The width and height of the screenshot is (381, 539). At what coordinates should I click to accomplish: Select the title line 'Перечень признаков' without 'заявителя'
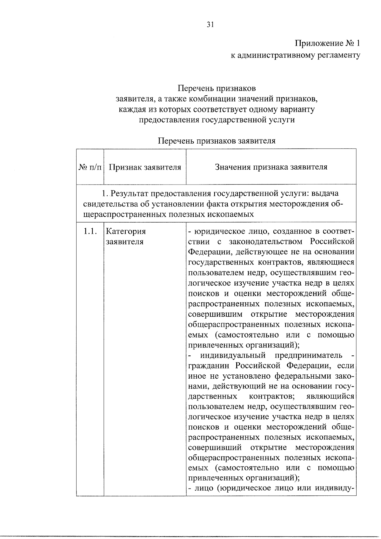[217, 88]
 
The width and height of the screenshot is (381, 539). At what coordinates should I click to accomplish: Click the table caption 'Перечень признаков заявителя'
[217, 141]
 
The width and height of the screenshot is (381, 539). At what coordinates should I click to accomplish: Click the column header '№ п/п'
[90, 167]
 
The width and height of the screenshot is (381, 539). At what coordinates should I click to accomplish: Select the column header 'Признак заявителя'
[145, 167]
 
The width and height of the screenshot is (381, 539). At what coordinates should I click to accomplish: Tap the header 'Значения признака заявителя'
[271, 167]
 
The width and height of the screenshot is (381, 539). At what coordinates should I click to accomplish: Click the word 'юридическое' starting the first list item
[216, 231]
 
